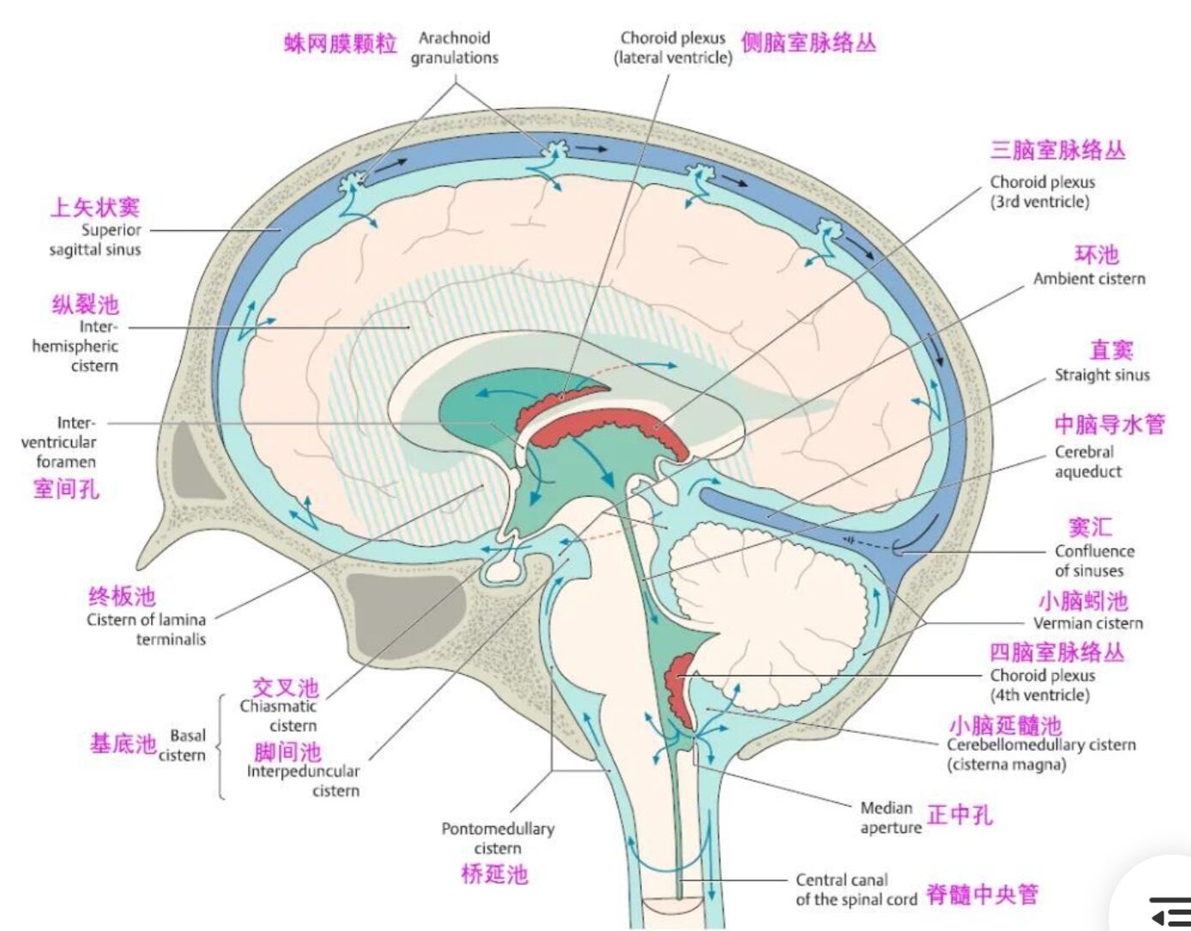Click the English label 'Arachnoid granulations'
pyautogui.click(x=454, y=48)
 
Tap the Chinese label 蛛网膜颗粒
pyautogui.click(x=341, y=43)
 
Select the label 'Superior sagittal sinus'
pyautogui.click(x=95, y=239)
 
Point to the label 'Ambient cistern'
pyautogui.click(x=1089, y=279)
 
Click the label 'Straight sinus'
pyautogui.click(x=1102, y=375)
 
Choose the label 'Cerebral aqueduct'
pyautogui.click(x=1088, y=462)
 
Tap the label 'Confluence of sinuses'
pyautogui.click(x=1094, y=560)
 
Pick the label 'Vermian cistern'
pyautogui.click(x=1088, y=623)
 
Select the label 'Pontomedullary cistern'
pyautogui.click(x=498, y=837)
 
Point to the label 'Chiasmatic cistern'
pyautogui.click(x=279, y=716)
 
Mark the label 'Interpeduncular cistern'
pyautogui.click(x=304, y=780)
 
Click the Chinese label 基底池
pyautogui.click(x=123, y=743)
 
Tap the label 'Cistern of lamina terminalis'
pyautogui.click(x=147, y=629)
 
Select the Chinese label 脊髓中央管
pyautogui.click(x=982, y=894)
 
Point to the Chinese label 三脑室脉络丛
pyautogui.click(x=1057, y=150)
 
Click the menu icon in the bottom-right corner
pyautogui.click(x=1169, y=910)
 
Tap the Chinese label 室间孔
pyautogui.click(x=66, y=489)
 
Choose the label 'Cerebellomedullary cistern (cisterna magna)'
pyautogui.click(x=1041, y=754)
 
